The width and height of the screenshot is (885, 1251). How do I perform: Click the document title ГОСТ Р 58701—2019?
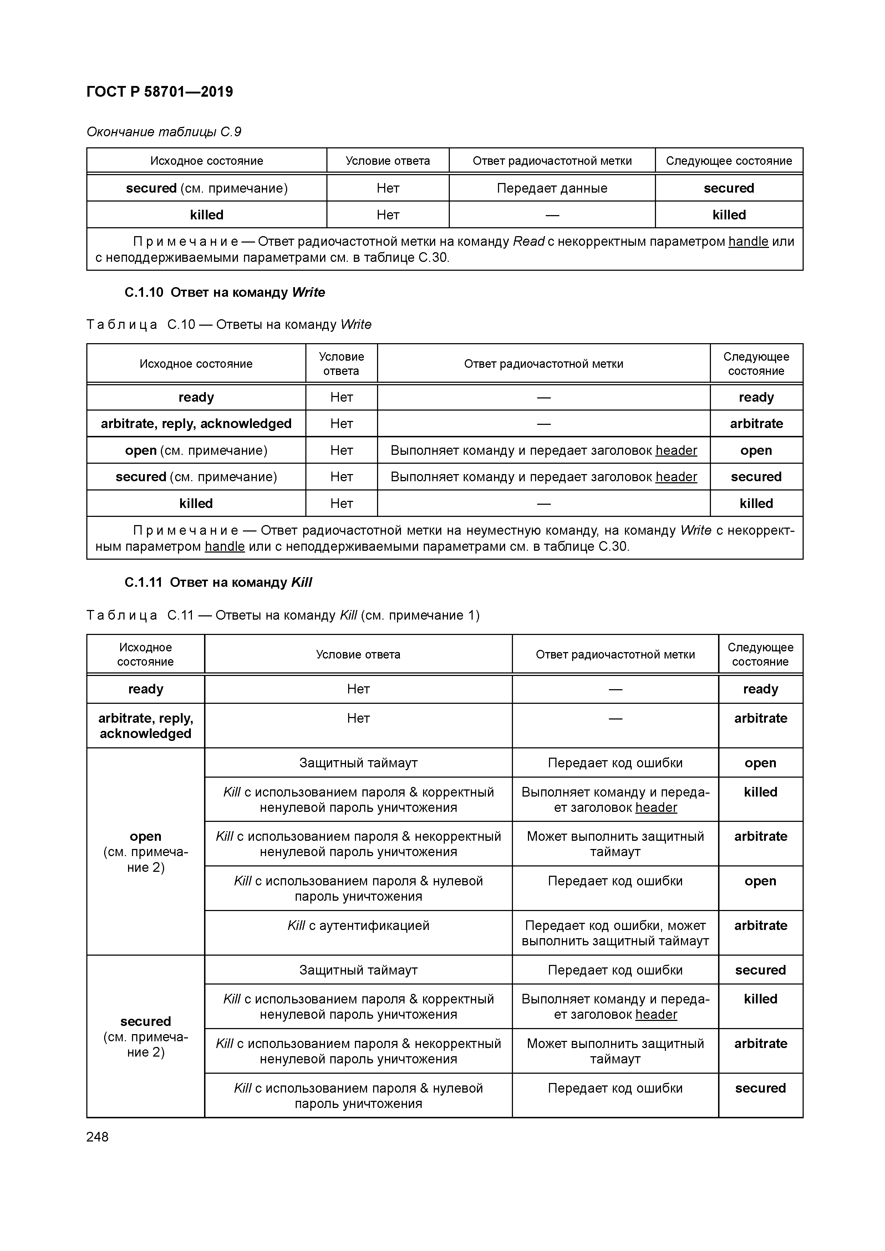point(160,92)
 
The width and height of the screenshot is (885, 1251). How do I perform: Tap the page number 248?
point(97,1137)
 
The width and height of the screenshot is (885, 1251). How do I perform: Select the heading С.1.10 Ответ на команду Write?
point(224,293)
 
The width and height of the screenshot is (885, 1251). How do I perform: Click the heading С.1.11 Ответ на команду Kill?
point(218,583)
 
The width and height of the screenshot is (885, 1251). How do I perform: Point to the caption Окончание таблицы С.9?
point(163,132)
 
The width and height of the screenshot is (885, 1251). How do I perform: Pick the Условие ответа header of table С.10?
point(341,363)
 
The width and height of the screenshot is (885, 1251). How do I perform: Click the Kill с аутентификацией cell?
point(358,926)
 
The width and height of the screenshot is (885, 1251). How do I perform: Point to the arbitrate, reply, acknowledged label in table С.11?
point(146,726)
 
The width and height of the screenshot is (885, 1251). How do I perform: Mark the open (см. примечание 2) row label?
point(146,851)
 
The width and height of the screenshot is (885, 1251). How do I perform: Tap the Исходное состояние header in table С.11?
point(146,654)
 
